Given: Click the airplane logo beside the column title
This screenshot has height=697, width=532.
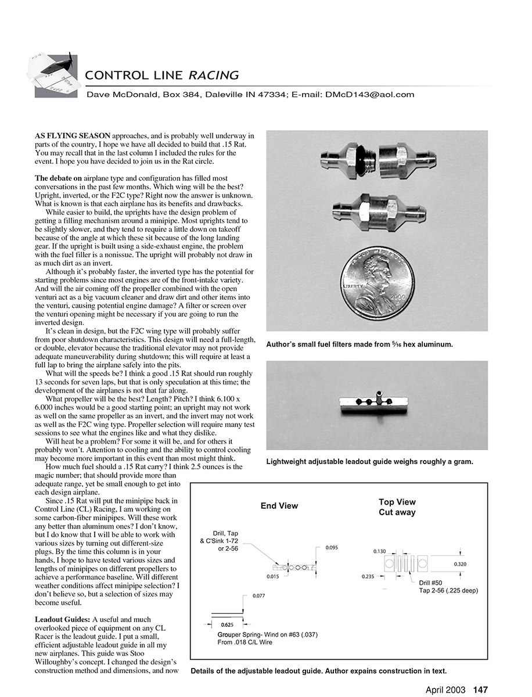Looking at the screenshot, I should click(x=51, y=74).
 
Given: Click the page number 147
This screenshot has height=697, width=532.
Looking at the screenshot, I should click(x=480, y=689).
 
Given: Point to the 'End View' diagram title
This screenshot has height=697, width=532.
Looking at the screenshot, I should click(x=279, y=506).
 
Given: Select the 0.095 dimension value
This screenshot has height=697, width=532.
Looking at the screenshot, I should click(x=332, y=547).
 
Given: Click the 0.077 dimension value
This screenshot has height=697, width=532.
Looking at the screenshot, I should click(x=259, y=596).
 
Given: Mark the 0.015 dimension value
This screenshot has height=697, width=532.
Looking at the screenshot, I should click(x=274, y=576).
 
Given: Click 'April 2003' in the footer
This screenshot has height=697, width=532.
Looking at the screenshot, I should click(x=445, y=689).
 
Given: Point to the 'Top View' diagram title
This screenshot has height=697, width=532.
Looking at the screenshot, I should click(x=397, y=502).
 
